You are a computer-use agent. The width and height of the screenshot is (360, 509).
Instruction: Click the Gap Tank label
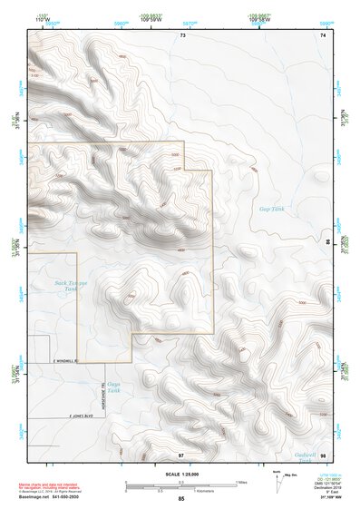coord(272,210)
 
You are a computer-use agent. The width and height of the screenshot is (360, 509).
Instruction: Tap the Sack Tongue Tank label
coord(70,287)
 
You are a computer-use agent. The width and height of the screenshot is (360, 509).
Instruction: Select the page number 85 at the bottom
coord(181,500)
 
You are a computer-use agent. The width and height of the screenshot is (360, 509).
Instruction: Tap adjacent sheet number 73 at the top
coord(182,35)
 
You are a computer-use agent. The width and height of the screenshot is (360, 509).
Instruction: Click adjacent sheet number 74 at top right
coord(324,35)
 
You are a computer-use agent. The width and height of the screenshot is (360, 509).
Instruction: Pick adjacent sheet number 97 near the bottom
coord(181,453)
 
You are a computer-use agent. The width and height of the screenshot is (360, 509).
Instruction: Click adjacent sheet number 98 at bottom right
coord(324,453)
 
